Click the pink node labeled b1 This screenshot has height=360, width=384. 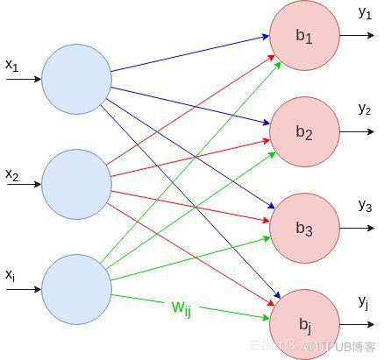click(x=304, y=35)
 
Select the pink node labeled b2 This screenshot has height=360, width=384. click(x=304, y=131)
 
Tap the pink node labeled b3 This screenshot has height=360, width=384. click(x=304, y=228)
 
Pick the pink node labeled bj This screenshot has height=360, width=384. click(x=304, y=324)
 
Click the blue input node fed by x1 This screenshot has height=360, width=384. click(x=76, y=79)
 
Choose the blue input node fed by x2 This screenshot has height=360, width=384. click(x=76, y=184)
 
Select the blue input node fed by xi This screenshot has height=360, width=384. click(x=76, y=289)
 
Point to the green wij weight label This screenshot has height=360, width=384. click(x=181, y=308)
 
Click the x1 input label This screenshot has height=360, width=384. click(x=12, y=66)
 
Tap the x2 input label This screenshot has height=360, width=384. click(x=12, y=175)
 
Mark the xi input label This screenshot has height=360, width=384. click(x=11, y=275)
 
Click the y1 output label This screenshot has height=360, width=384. click(x=365, y=13)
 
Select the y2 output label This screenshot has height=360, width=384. click(x=365, y=109)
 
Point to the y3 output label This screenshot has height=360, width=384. click(x=365, y=206)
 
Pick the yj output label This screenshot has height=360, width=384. click(x=363, y=301)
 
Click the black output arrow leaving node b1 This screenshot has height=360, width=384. click(x=357, y=35)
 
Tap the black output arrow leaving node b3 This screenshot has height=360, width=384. click(x=357, y=228)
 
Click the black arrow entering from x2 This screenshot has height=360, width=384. click(x=24, y=184)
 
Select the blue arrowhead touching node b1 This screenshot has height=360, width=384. click(x=266, y=37)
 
